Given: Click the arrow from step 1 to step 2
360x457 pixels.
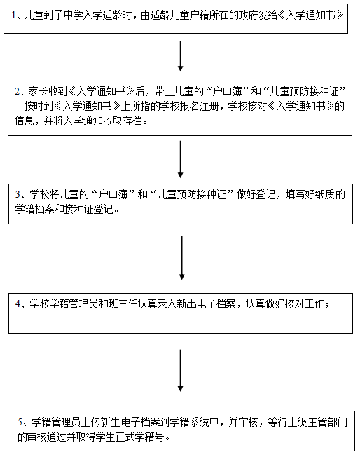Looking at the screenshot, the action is pyautogui.click(x=180, y=56).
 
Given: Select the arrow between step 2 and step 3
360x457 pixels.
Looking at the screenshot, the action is pyautogui.click(x=180, y=159).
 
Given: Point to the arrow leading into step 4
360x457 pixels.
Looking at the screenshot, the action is pyautogui.click(x=181, y=258).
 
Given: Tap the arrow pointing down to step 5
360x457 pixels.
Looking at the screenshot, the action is pyautogui.click(x=180, y=371).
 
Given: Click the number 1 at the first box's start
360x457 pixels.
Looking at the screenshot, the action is pyautogui.click(x=14, y=15).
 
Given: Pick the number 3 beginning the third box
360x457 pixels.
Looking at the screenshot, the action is pyautogui.click(x=18, y=194).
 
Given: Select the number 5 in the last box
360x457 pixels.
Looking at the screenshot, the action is pyautogui.click(x=20, y=422).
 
